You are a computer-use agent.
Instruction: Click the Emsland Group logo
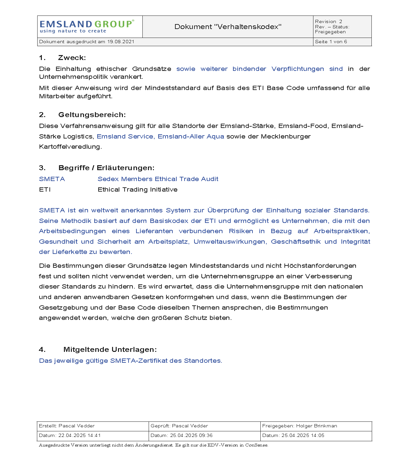coord(87,26)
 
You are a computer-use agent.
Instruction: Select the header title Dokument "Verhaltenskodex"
coord(228,27)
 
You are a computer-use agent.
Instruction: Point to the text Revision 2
coord(328,21)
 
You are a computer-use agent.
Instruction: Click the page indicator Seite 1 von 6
coord(331,42)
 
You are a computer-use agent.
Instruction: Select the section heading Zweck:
coord(72,58)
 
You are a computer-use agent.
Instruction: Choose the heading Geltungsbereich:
coord(92,115)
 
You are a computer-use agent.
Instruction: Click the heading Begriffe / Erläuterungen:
coord(106,168)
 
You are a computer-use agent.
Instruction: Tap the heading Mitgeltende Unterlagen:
coord(110,350)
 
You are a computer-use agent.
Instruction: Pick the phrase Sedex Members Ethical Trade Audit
coord(158,179)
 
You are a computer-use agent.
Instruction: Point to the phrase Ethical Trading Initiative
coord(137,190)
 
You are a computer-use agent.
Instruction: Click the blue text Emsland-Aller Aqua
coord(191,137)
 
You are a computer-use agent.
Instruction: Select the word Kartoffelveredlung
coord(70,147)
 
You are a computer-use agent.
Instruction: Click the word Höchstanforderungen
coord(320,266)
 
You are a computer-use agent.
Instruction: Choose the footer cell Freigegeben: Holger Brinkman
coord(299,426)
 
